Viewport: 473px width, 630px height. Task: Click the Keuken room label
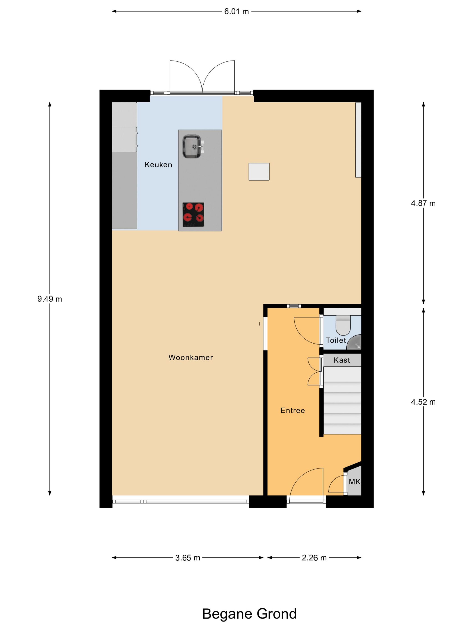(158, 165)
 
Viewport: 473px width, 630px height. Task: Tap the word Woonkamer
(191, 358)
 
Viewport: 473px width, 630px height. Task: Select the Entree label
(293, 410)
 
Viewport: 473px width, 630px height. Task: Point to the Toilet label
(336, 340)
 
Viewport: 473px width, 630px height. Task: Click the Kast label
(342, 360)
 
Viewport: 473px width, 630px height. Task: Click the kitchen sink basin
(192, 147)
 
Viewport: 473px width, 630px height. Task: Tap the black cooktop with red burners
(193, 214)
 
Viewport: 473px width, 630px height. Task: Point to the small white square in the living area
(259, 171)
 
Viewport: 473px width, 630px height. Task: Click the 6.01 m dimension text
(236, 11)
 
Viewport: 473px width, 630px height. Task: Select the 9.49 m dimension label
(50, 299)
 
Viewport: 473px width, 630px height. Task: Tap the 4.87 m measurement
(423, 203)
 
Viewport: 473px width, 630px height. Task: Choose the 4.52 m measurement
(423, 402)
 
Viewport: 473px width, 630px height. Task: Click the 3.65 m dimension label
(188, 558)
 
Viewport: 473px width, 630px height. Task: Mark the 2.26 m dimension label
(314, 558)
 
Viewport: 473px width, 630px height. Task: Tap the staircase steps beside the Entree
(342, 400)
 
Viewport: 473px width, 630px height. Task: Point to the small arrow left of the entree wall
(259, 324)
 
